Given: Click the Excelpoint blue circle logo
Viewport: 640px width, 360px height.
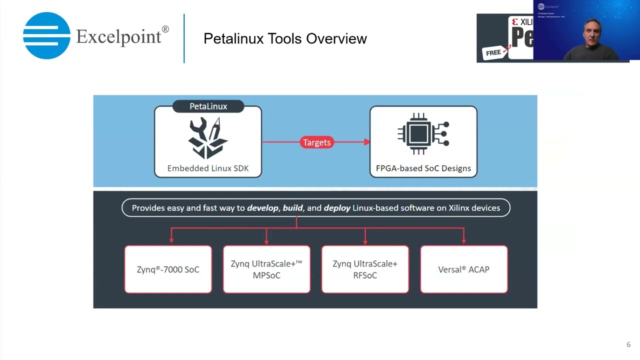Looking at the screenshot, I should [46, 36].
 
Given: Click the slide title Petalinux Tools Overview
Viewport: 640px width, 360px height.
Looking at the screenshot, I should [285, 38].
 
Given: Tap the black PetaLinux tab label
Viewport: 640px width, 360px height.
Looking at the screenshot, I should [208, 106].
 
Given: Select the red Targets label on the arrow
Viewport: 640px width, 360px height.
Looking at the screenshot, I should [316, 142].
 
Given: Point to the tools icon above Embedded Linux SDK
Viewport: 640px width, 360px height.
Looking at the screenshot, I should [207, 137].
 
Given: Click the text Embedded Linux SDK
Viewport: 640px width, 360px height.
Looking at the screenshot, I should [207, 168].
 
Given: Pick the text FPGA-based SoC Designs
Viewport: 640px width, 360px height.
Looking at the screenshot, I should [423, 168].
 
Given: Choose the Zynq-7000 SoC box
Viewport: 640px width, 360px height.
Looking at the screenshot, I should [168, 269].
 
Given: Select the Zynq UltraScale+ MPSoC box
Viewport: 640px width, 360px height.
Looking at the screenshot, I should [266, 269].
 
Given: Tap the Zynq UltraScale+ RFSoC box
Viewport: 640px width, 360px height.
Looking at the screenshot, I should [365, 269].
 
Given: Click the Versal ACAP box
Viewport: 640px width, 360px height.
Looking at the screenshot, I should [463, 269].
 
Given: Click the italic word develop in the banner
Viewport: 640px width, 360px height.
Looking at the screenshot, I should [262, 208].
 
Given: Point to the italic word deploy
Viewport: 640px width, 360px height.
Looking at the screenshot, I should [336, 208].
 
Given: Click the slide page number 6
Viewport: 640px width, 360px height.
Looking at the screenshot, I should [628, 344].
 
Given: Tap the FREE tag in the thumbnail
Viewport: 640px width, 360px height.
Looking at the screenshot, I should [493, 52].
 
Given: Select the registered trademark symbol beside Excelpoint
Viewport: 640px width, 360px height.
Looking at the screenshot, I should [165, 29].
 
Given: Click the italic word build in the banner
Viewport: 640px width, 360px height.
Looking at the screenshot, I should [292, 208].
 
